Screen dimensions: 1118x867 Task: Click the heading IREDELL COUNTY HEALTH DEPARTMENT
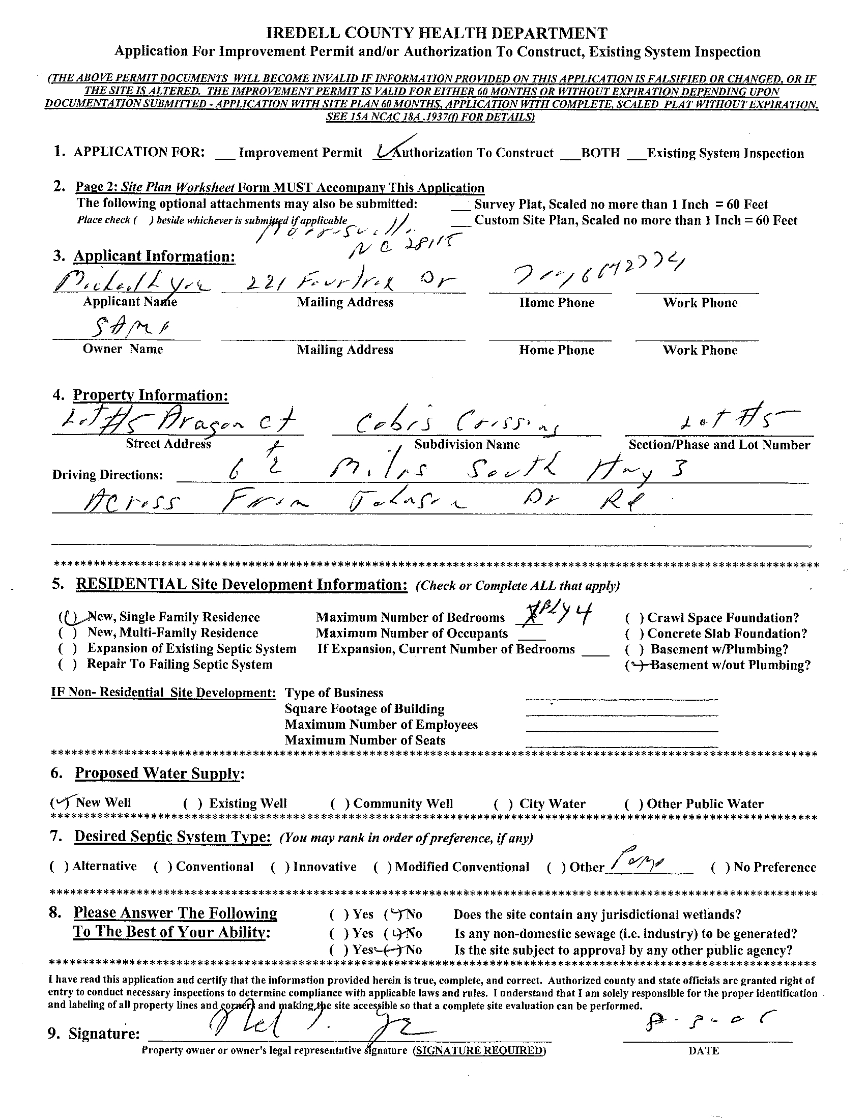pyautogui.click(x=437, y=33)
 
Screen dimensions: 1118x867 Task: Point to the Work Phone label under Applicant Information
pyautogui.click(x=700, y=303)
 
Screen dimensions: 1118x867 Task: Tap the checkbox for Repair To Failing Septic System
pyautogui.click(x=68, y=665)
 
